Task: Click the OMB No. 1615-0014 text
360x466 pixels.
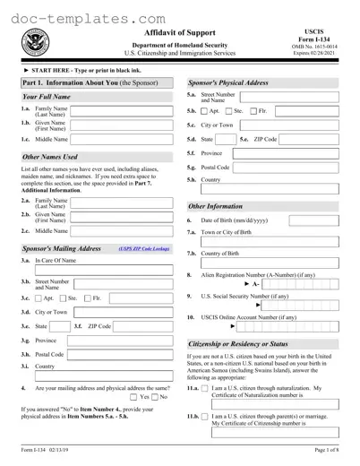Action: click(326, 46)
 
